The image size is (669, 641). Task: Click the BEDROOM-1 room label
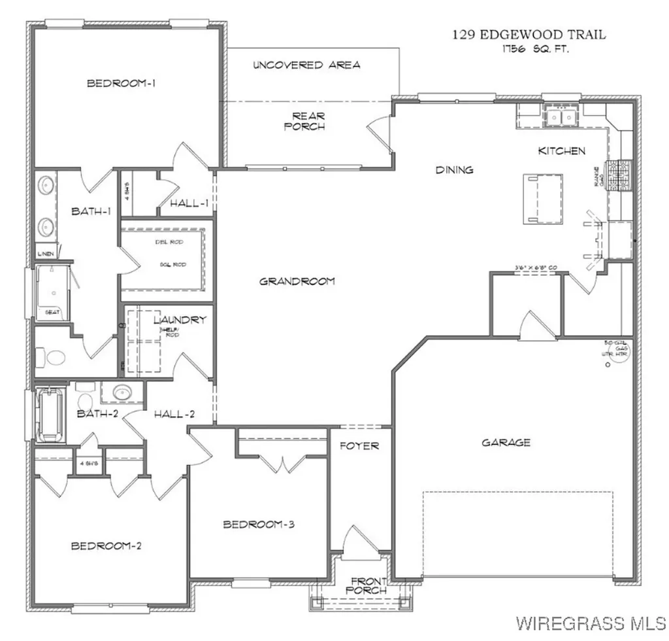click(x=124, y=83)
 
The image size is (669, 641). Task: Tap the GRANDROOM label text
click(x=297, y=281)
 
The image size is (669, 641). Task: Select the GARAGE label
click(x=506, y=443)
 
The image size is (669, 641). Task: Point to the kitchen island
click(x=542, y=198)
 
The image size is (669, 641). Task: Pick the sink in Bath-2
click(x=121, y=393)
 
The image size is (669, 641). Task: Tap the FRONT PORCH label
click(x=369, y=585)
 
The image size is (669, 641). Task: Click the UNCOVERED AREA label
click(x=306, y=65)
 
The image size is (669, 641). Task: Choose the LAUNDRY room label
click(x=180, y=320)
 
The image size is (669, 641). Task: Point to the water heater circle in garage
click(x=608, y=366)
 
